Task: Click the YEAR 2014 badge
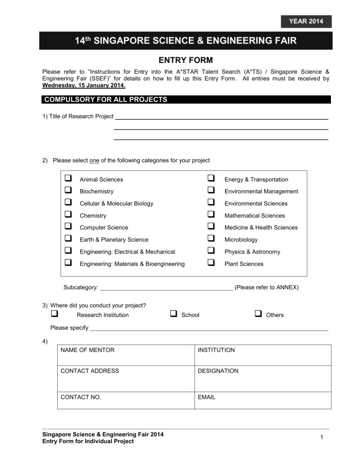(x=305, y=22)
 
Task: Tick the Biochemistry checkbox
(x=68, y=191)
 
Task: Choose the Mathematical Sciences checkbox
(x=211, y=215)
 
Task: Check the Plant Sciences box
(x=211, y=263)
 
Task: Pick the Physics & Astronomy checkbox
(x=211, y=251)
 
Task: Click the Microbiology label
(x=241, y=240)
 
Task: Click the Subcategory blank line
(x=166, y=287)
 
